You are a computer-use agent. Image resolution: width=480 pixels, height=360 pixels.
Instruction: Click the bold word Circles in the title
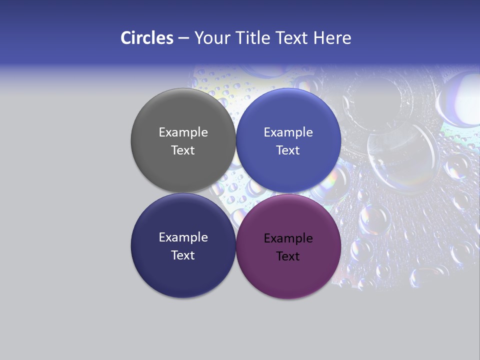[147, 37]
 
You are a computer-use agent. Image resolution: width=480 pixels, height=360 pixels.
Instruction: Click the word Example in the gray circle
[183, 132]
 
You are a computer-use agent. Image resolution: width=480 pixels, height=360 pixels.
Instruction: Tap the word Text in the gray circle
[183, 150]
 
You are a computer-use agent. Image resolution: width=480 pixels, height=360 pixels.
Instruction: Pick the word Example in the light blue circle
[288, 132]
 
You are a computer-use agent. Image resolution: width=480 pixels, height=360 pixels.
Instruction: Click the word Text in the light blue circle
[288, 150]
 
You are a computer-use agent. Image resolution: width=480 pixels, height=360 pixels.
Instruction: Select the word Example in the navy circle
[183, 237]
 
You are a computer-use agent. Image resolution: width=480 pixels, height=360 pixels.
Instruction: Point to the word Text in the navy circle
[183, 255]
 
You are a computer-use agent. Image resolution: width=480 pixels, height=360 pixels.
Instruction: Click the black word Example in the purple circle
[288, 238]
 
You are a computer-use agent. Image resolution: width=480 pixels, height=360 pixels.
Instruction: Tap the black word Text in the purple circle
[288, 256]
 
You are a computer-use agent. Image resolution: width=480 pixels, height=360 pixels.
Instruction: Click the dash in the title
[183, 37]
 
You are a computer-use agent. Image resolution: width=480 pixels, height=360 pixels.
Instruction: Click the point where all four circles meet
[236, 193]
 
